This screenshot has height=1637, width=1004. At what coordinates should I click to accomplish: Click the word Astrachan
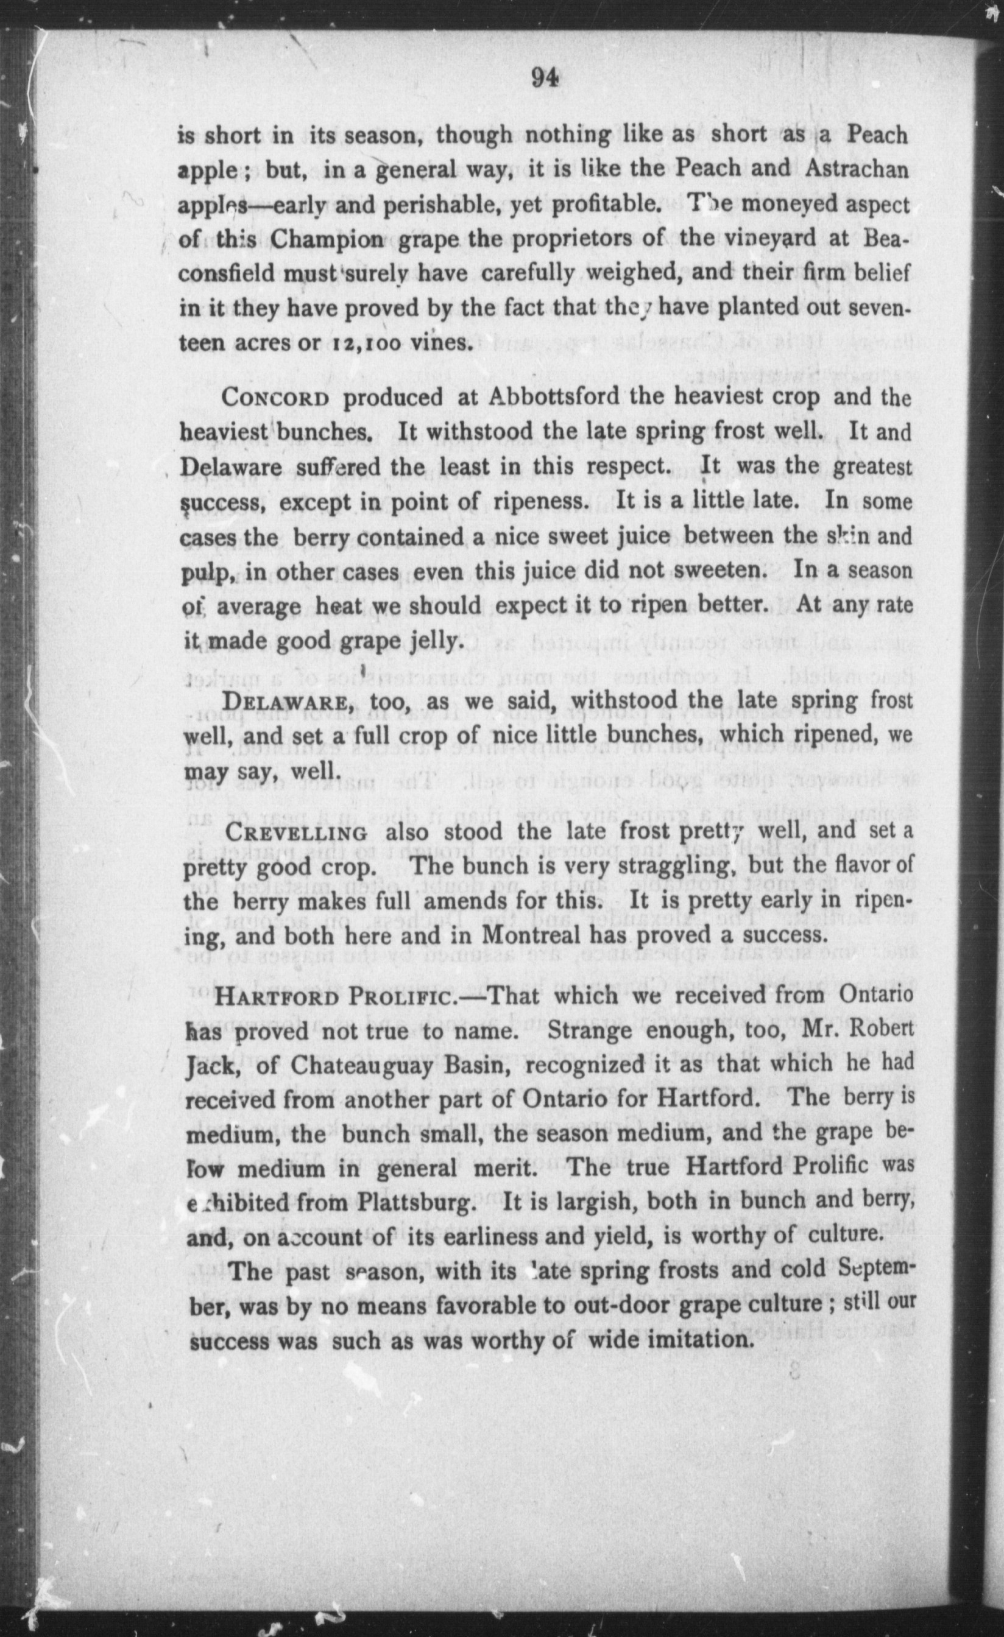pyautogui.click(x=856, y=169)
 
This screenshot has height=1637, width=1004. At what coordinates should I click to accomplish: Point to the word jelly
pyautogui.click(x=430, y=641)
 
